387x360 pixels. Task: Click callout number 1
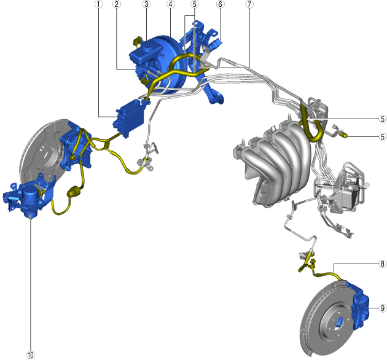point(99,4)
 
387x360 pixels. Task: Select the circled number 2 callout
point(117,4)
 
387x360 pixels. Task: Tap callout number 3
point(147,4)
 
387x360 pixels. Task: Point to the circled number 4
point(170,4)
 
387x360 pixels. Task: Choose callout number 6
point(221,4)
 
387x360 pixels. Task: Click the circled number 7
point(249,4)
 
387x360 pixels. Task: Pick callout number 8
point(382,264)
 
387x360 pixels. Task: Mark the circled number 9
point(382,308)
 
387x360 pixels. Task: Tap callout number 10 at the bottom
point(30,355)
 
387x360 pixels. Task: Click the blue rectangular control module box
point(129,118)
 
